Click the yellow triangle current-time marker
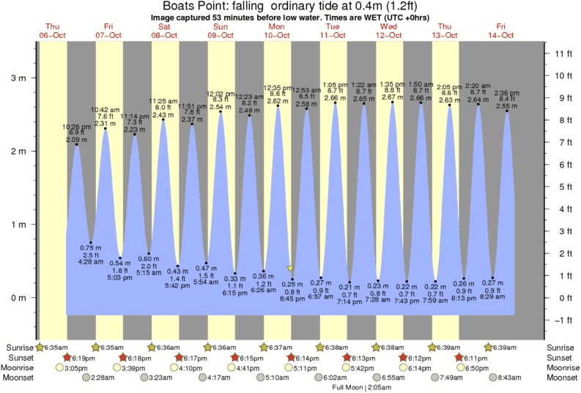(x=290, y=269)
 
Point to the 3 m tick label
(x=18, y=78)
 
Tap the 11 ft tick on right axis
(x=563, y=53)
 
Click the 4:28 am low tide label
(x=90, y=261)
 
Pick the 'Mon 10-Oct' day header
(x=277, y=30)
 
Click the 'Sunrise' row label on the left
(x=20, y=347)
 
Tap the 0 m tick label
(x=18, y=298)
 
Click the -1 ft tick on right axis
(x=563, y=320)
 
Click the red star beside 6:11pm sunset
(x=461, y=357)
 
